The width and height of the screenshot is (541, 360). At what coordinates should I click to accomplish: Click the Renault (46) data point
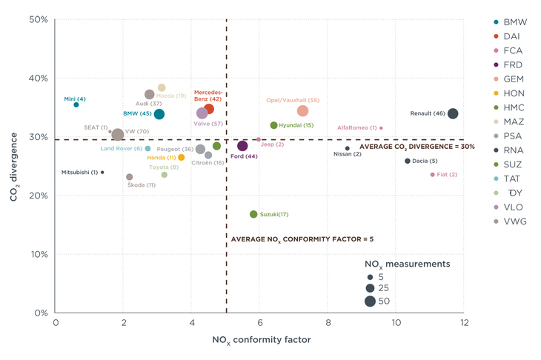pyautogui.click(x=453, y=113)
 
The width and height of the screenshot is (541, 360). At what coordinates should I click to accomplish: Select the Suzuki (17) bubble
pyautogui.click(x=253, y=214)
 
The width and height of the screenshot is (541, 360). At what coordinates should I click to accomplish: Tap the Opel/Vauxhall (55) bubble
pyautogui.click(x=302, y=111)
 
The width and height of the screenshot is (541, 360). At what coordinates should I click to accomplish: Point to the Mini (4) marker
pyautogui.click(x=76, y=104)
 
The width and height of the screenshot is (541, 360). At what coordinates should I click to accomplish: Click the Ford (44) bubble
pyautogui.click(x=242, y=145)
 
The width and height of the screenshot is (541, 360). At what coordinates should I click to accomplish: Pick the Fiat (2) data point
pyautogui.click(x=432, y=175)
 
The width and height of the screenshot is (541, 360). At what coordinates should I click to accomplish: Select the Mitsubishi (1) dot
pyautogui.click(x=102, y=173)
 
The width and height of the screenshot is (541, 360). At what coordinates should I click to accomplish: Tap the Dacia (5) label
pyautogui.click(x=425, y=161)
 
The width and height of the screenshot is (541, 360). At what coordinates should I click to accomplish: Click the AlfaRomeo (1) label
pyautogui.click(x=357, y=127)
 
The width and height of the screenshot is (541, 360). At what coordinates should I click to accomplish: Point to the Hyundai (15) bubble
pyautogui.click(x=273, y=125)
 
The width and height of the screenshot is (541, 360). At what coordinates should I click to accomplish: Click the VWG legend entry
pyautogui.click(x=515, y=221)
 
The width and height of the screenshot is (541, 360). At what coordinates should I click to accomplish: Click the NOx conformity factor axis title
pyautogui.click(x=262, y=341)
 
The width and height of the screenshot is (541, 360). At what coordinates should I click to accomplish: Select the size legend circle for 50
pyautogui.click(x=369, y=301)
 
